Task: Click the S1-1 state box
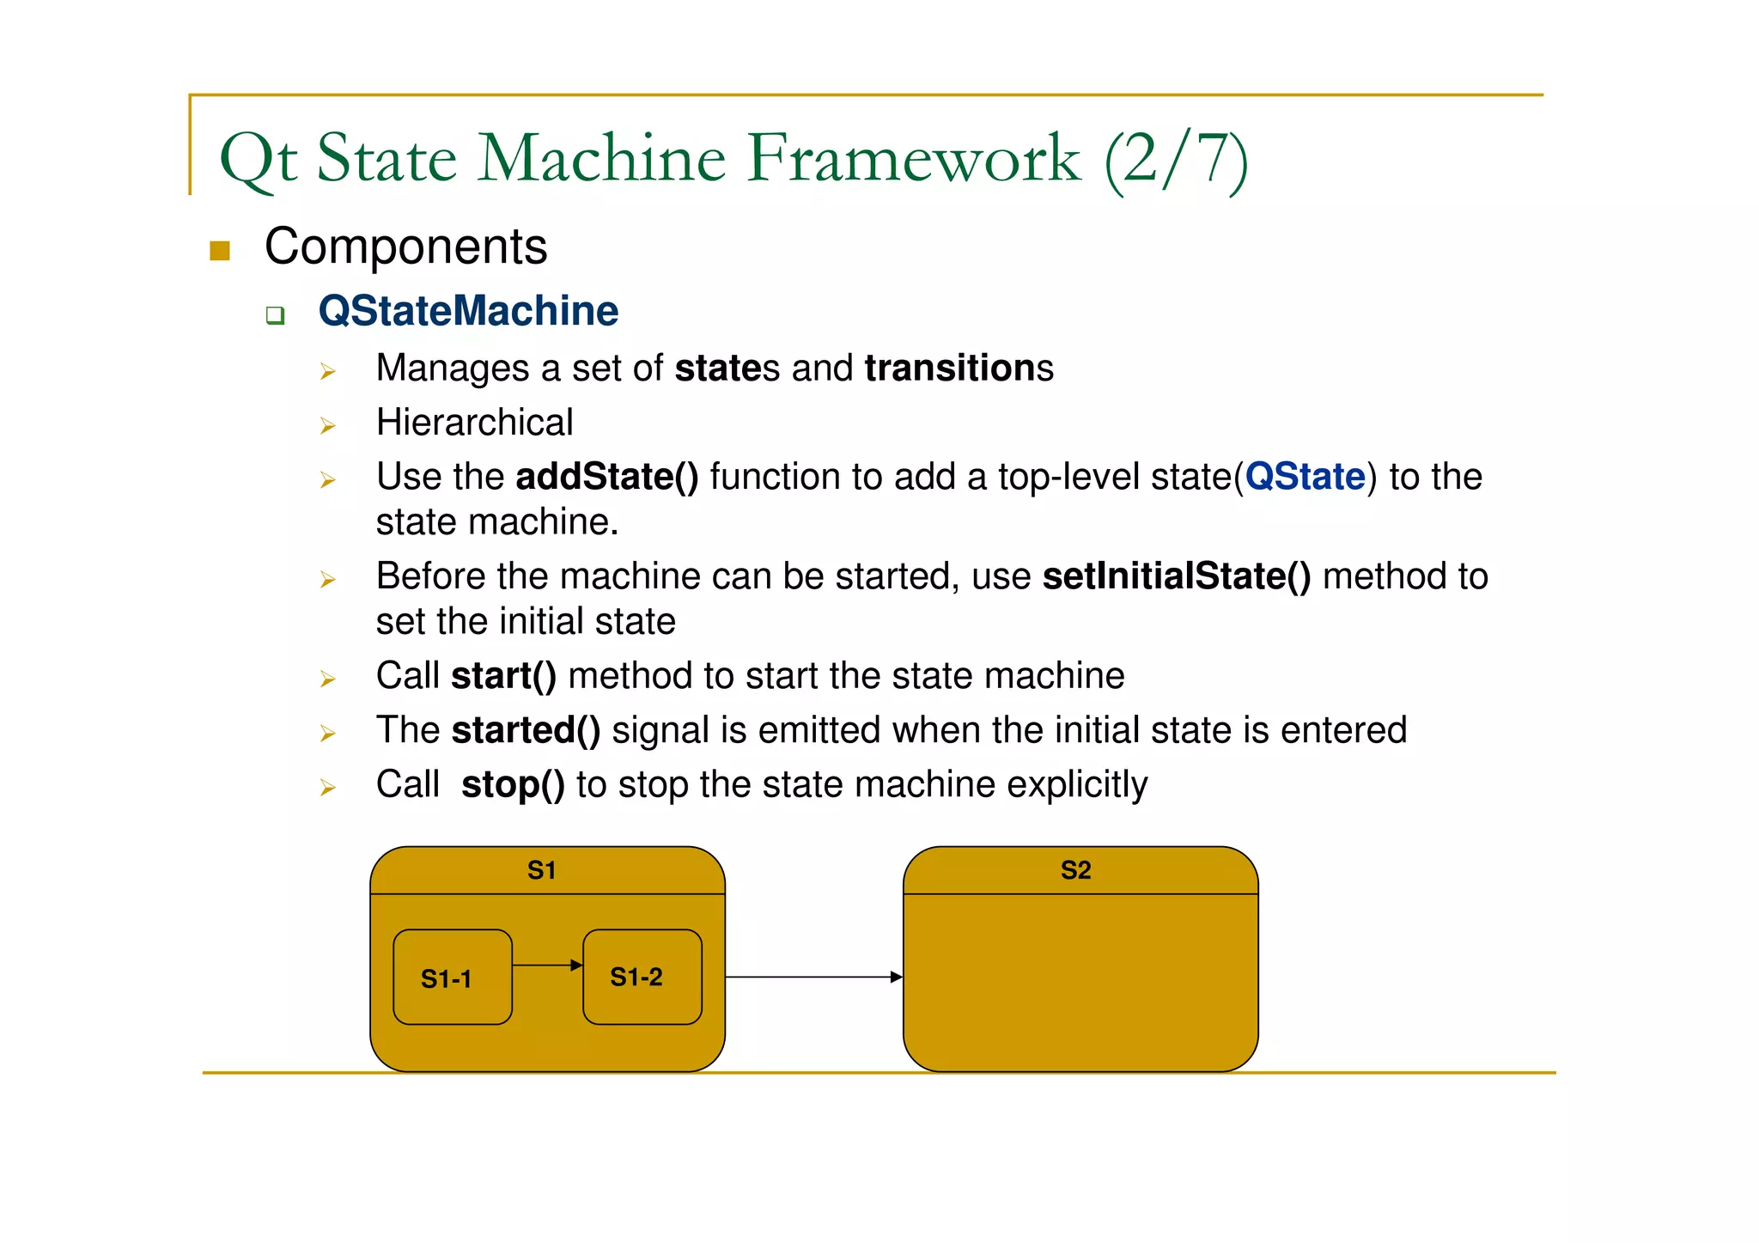pos(453,978)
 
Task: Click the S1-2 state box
pos(642,977)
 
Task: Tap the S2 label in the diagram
pos(1075,870)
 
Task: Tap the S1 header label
pos(541,870)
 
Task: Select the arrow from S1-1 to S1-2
pos(547,966)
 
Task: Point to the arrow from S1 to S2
pos(813,977)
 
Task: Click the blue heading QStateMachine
pos(468,311)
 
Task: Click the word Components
pos(405,247)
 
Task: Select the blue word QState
pos(1305,477)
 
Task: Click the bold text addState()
pos(606,477)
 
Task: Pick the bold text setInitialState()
pos(1176,576)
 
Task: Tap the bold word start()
pos(503,676)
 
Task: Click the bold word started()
pos(526,730)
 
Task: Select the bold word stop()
pos(513,784)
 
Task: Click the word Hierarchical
pos(474,423)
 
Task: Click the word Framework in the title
pos(913,159)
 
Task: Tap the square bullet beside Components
pos(220,250)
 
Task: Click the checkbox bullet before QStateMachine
pos(275,315)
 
